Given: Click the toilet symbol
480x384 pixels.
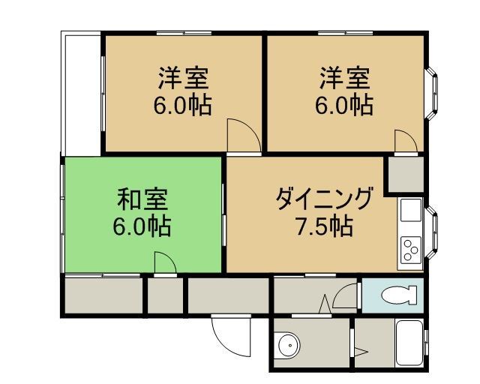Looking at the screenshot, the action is [x=399, y=295].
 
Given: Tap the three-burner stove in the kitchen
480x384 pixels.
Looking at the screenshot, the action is [x=410, y=249].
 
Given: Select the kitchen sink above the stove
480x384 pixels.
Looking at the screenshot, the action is [x=411, y=210].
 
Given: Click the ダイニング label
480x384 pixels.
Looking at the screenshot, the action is [x=325, y=199].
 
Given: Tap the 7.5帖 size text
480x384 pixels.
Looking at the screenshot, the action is [x=324, y=226].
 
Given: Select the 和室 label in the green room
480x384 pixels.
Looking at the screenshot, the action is [x=142, y=199].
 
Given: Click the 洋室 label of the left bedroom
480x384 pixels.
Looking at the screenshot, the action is [x=183, y=78].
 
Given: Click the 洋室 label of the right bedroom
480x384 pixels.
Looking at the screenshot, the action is [x=345, y=78].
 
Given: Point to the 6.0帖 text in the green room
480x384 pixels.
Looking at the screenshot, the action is [x=142, y=226].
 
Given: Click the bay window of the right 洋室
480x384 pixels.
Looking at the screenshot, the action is [x=431, y=93].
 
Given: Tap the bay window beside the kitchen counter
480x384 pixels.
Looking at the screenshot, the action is [x=431, y=232].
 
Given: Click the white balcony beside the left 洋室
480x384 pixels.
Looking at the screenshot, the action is [x=82, y=94].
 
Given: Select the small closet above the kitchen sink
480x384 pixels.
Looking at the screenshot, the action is [x=406, y=175].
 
